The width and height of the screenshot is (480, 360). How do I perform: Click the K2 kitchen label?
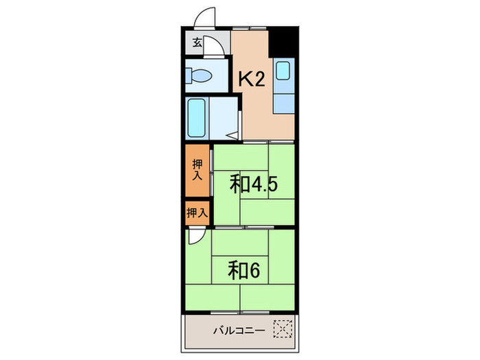point(251,80)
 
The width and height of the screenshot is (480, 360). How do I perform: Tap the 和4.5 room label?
point(253,184)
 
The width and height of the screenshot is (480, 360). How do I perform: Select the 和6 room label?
point(243,270)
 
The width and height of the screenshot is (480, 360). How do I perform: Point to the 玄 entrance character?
point(197,43)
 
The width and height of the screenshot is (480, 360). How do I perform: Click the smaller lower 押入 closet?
point(197,212)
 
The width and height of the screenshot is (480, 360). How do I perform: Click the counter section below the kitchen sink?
point(283,101)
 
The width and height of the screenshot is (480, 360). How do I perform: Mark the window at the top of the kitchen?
point(248,28)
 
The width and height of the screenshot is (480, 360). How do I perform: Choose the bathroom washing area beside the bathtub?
point(223,118)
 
